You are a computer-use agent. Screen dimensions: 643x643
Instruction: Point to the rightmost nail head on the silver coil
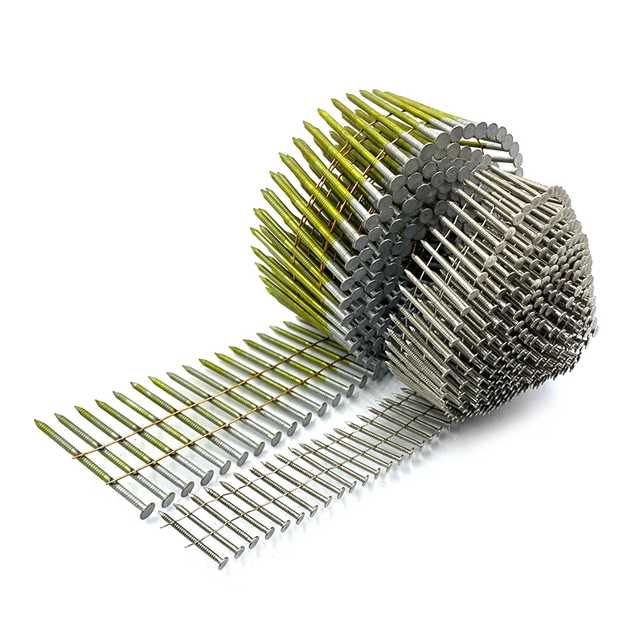point(594,328)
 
